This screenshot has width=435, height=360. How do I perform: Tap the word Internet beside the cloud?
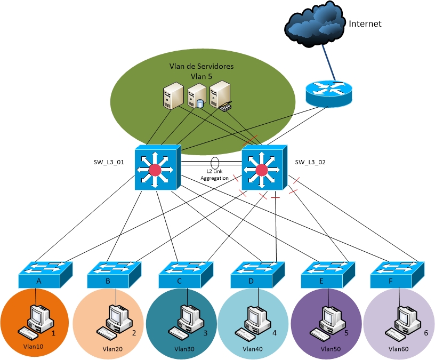point(365,24)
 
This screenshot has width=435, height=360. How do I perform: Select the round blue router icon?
point(329,92)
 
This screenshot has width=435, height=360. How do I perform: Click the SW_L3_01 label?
point(108,162)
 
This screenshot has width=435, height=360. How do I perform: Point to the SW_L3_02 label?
point(310,162)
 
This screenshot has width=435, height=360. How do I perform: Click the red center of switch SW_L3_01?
point(155,170)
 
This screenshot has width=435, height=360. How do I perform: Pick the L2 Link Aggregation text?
point(214,174)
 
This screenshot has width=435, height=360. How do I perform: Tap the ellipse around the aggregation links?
point(215,162)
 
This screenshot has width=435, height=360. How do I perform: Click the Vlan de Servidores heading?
point(201,67)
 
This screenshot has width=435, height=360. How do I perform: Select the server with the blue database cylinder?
point(196,96)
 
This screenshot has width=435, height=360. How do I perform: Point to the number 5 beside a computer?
point(346,333)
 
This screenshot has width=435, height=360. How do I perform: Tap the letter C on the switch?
point(180,281)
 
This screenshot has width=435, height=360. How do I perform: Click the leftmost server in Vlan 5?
point(173,95)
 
